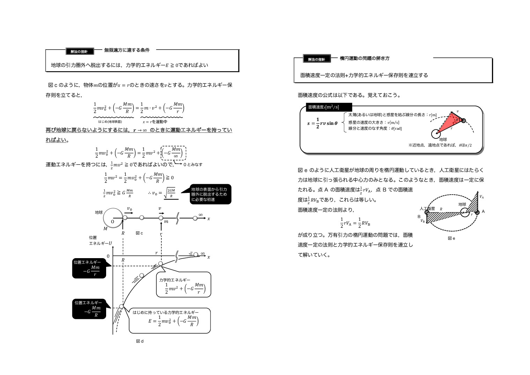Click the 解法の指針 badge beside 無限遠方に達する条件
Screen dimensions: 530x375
tap(80, 51)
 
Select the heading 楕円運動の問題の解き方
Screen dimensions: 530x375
tap(365, 58)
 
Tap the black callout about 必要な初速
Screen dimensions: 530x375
tap(210, 194)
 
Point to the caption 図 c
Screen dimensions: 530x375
tap(139, 233)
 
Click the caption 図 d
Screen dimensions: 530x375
tap(140, 341)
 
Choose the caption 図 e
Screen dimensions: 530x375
tap(451, 238)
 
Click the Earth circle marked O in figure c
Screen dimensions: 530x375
tap(113, 218)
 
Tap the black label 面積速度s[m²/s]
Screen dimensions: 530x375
tap(329, 107)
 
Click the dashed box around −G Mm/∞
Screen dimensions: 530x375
tap(174, 153)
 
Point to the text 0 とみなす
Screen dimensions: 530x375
tap(193, 165)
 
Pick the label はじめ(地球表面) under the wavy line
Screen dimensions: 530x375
tap(110, 122)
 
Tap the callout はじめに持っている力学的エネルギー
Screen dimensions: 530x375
tap(170, 320)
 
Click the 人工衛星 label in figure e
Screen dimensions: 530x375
tap(427, 209)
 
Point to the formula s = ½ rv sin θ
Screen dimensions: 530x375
tap(322, 123)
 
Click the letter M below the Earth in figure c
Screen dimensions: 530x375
tap(105, 228)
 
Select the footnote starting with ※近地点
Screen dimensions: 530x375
tap(440, 145)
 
